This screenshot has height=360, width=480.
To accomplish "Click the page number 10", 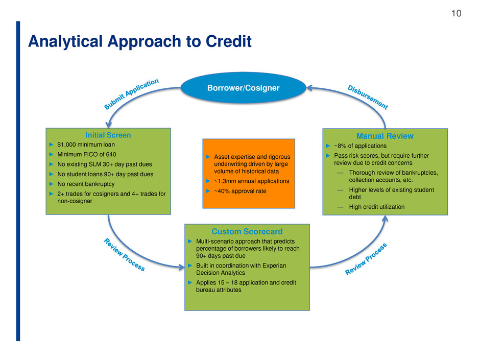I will (456, 13).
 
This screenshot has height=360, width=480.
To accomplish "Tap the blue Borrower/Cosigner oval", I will (244, 88).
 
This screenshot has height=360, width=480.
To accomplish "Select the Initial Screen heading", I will (108, 135).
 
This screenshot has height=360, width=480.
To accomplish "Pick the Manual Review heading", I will (385, 136).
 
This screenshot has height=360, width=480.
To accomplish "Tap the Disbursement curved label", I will (368, 97).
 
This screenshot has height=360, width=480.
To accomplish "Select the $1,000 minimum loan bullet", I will (86, 145).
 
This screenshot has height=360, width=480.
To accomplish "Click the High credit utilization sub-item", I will (376, 207).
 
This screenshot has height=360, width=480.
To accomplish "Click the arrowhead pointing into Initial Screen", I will (108, 125).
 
